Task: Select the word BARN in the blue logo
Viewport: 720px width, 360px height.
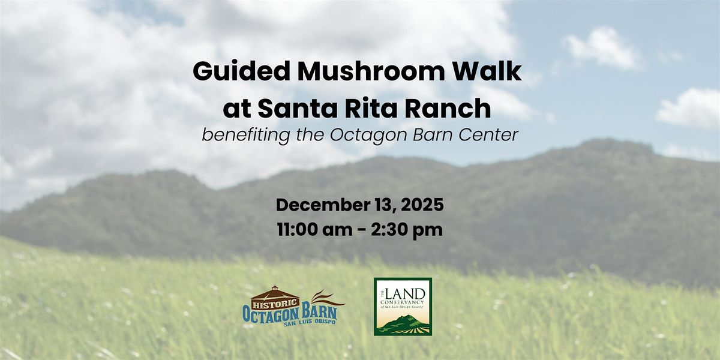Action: [x=318, y=313]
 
